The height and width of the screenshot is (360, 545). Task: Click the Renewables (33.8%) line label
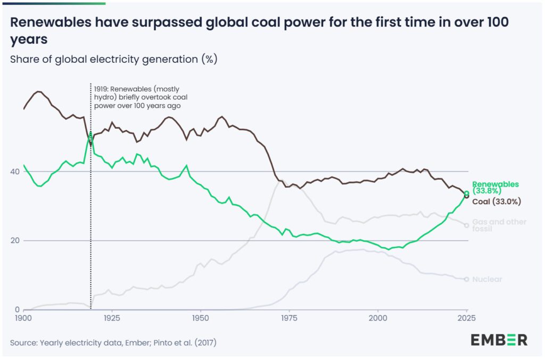[x=496, y=188]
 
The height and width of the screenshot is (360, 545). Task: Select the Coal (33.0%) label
[x=497, y=202]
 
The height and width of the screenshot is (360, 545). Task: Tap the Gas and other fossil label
[x=499, y=225]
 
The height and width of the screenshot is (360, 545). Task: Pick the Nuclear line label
[x=487, y=279]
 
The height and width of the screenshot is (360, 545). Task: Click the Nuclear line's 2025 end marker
[x=467, y=279]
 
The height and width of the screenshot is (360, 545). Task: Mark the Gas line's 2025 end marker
[x=467, y=225]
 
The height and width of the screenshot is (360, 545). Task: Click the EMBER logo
[x=499, y=340]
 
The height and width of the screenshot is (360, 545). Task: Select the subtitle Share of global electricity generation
[x=113, y=59]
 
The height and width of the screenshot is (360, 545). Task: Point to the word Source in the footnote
[x=23, y=342]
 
